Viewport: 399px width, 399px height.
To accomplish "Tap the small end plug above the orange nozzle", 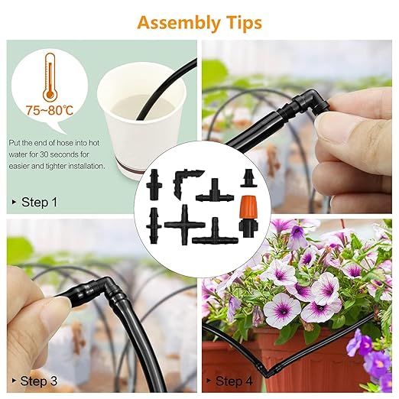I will click(x=248, y=179).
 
